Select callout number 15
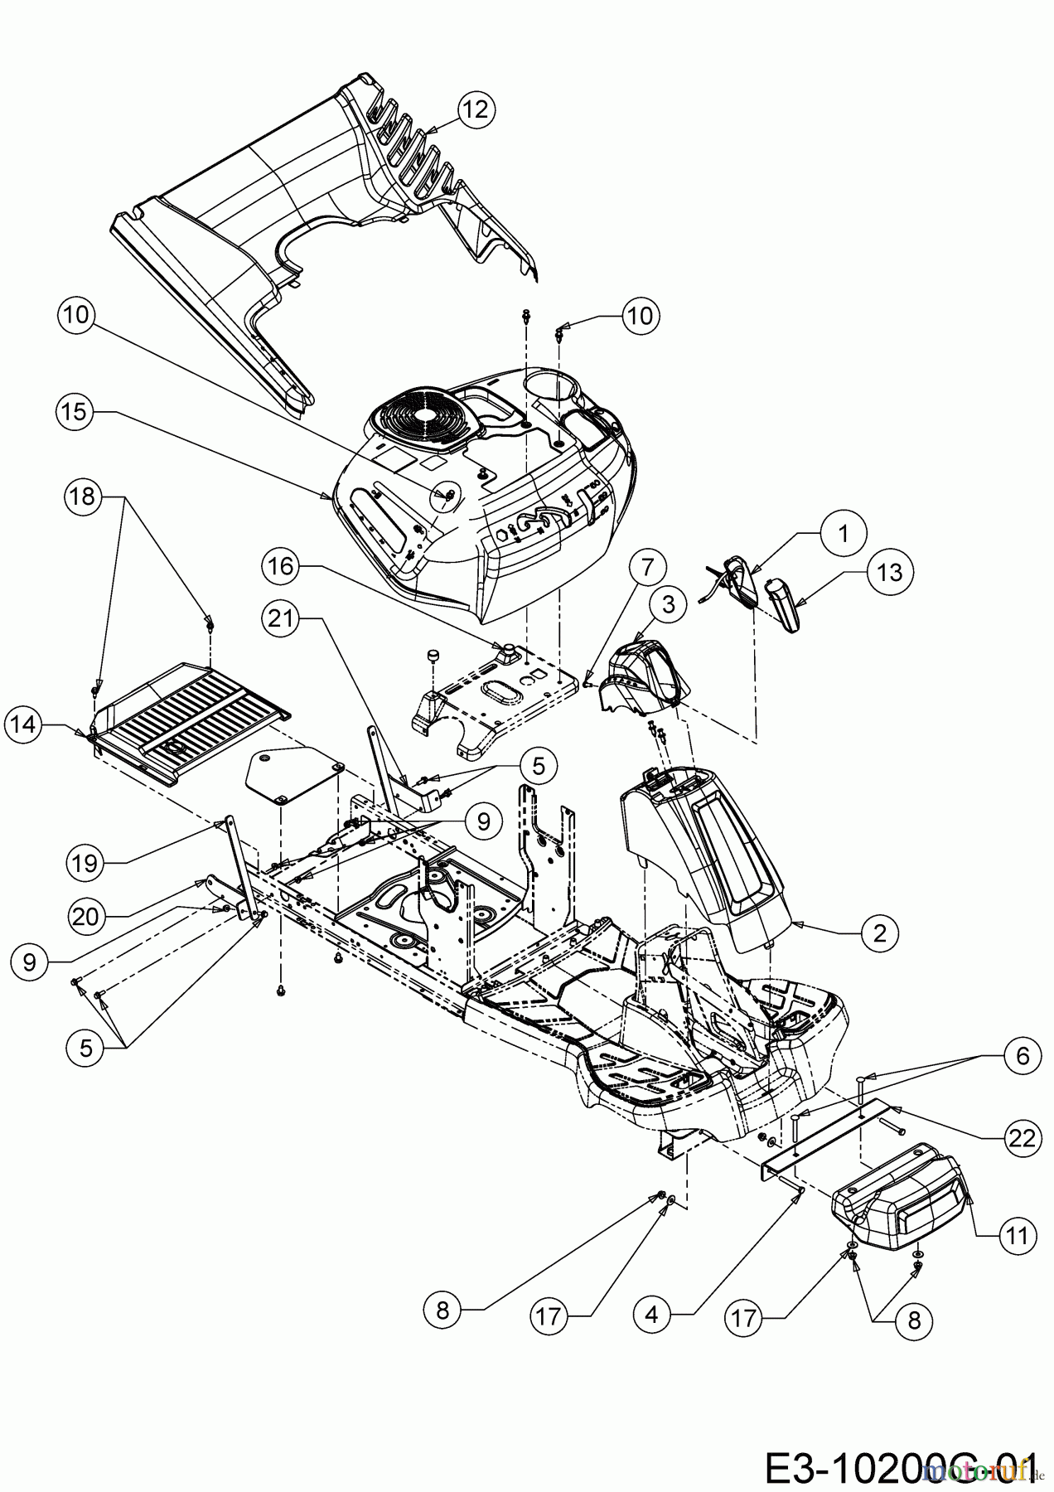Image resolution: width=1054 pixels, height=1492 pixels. (x=75, y=411)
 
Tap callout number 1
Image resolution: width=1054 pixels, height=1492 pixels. (x=844, y=534)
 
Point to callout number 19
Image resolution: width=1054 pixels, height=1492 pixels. (x=84, y=863)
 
